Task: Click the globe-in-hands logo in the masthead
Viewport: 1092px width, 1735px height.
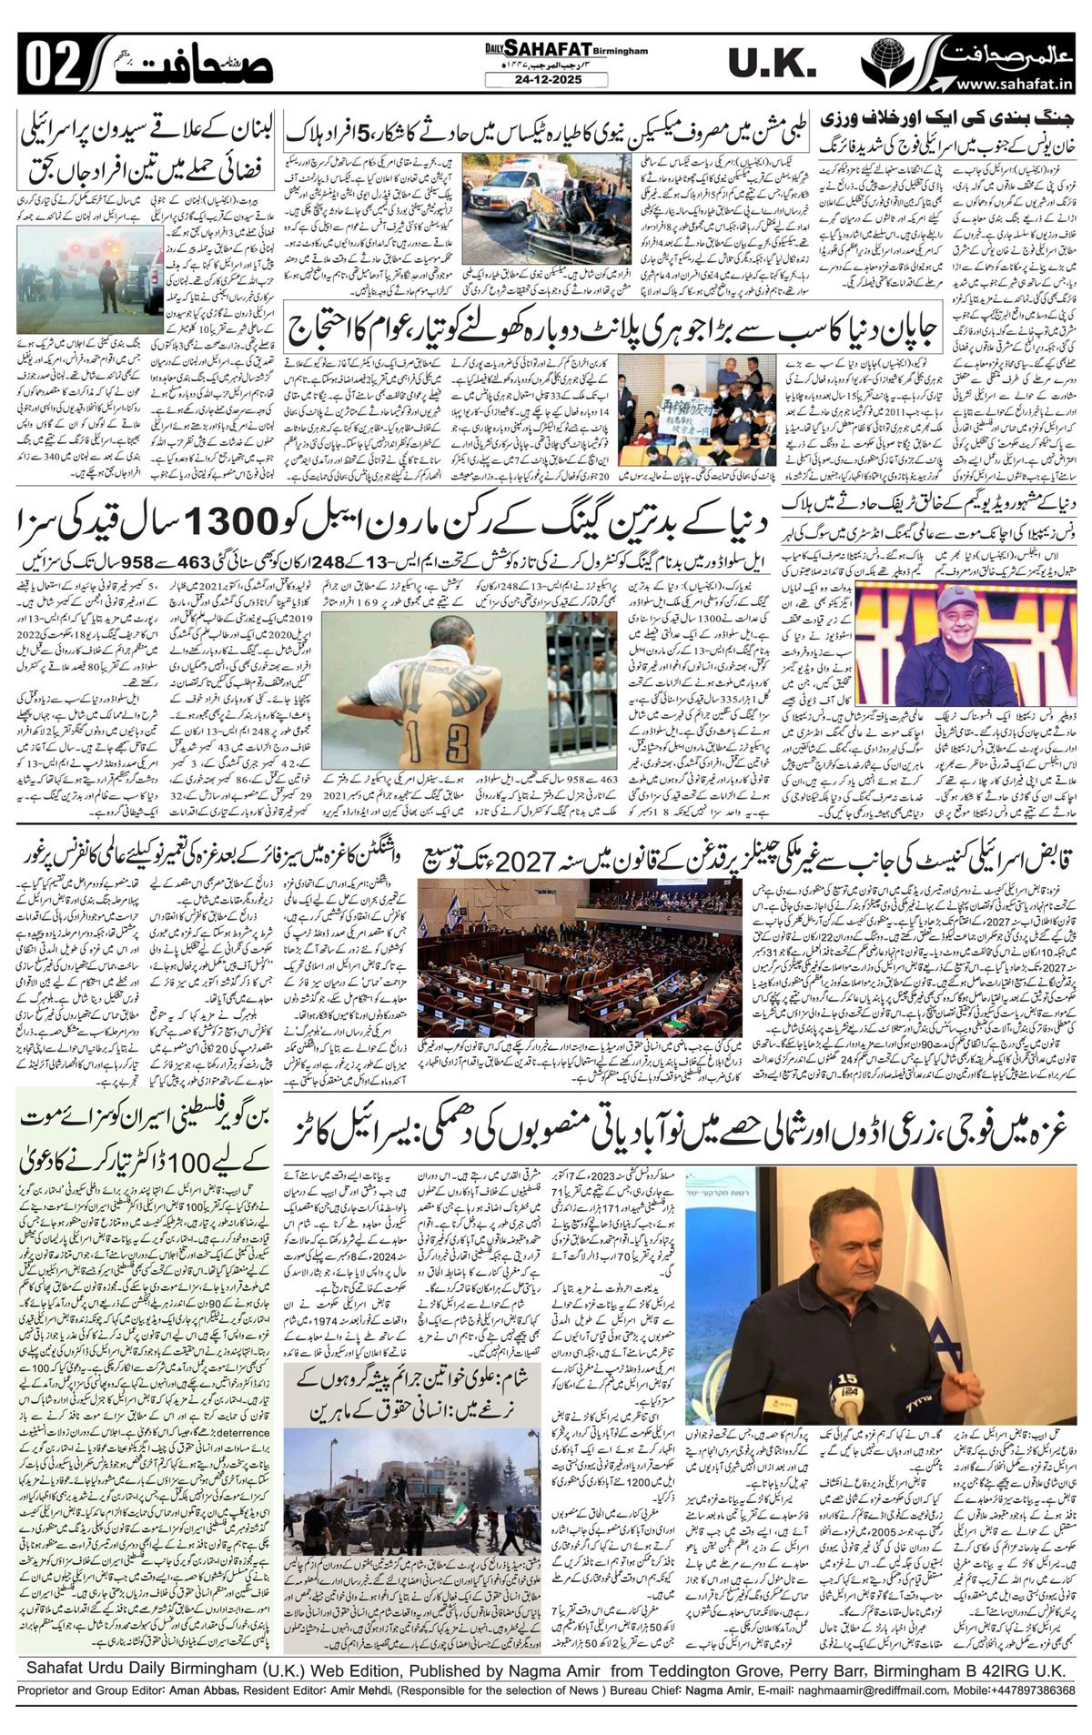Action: coord(888,61)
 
